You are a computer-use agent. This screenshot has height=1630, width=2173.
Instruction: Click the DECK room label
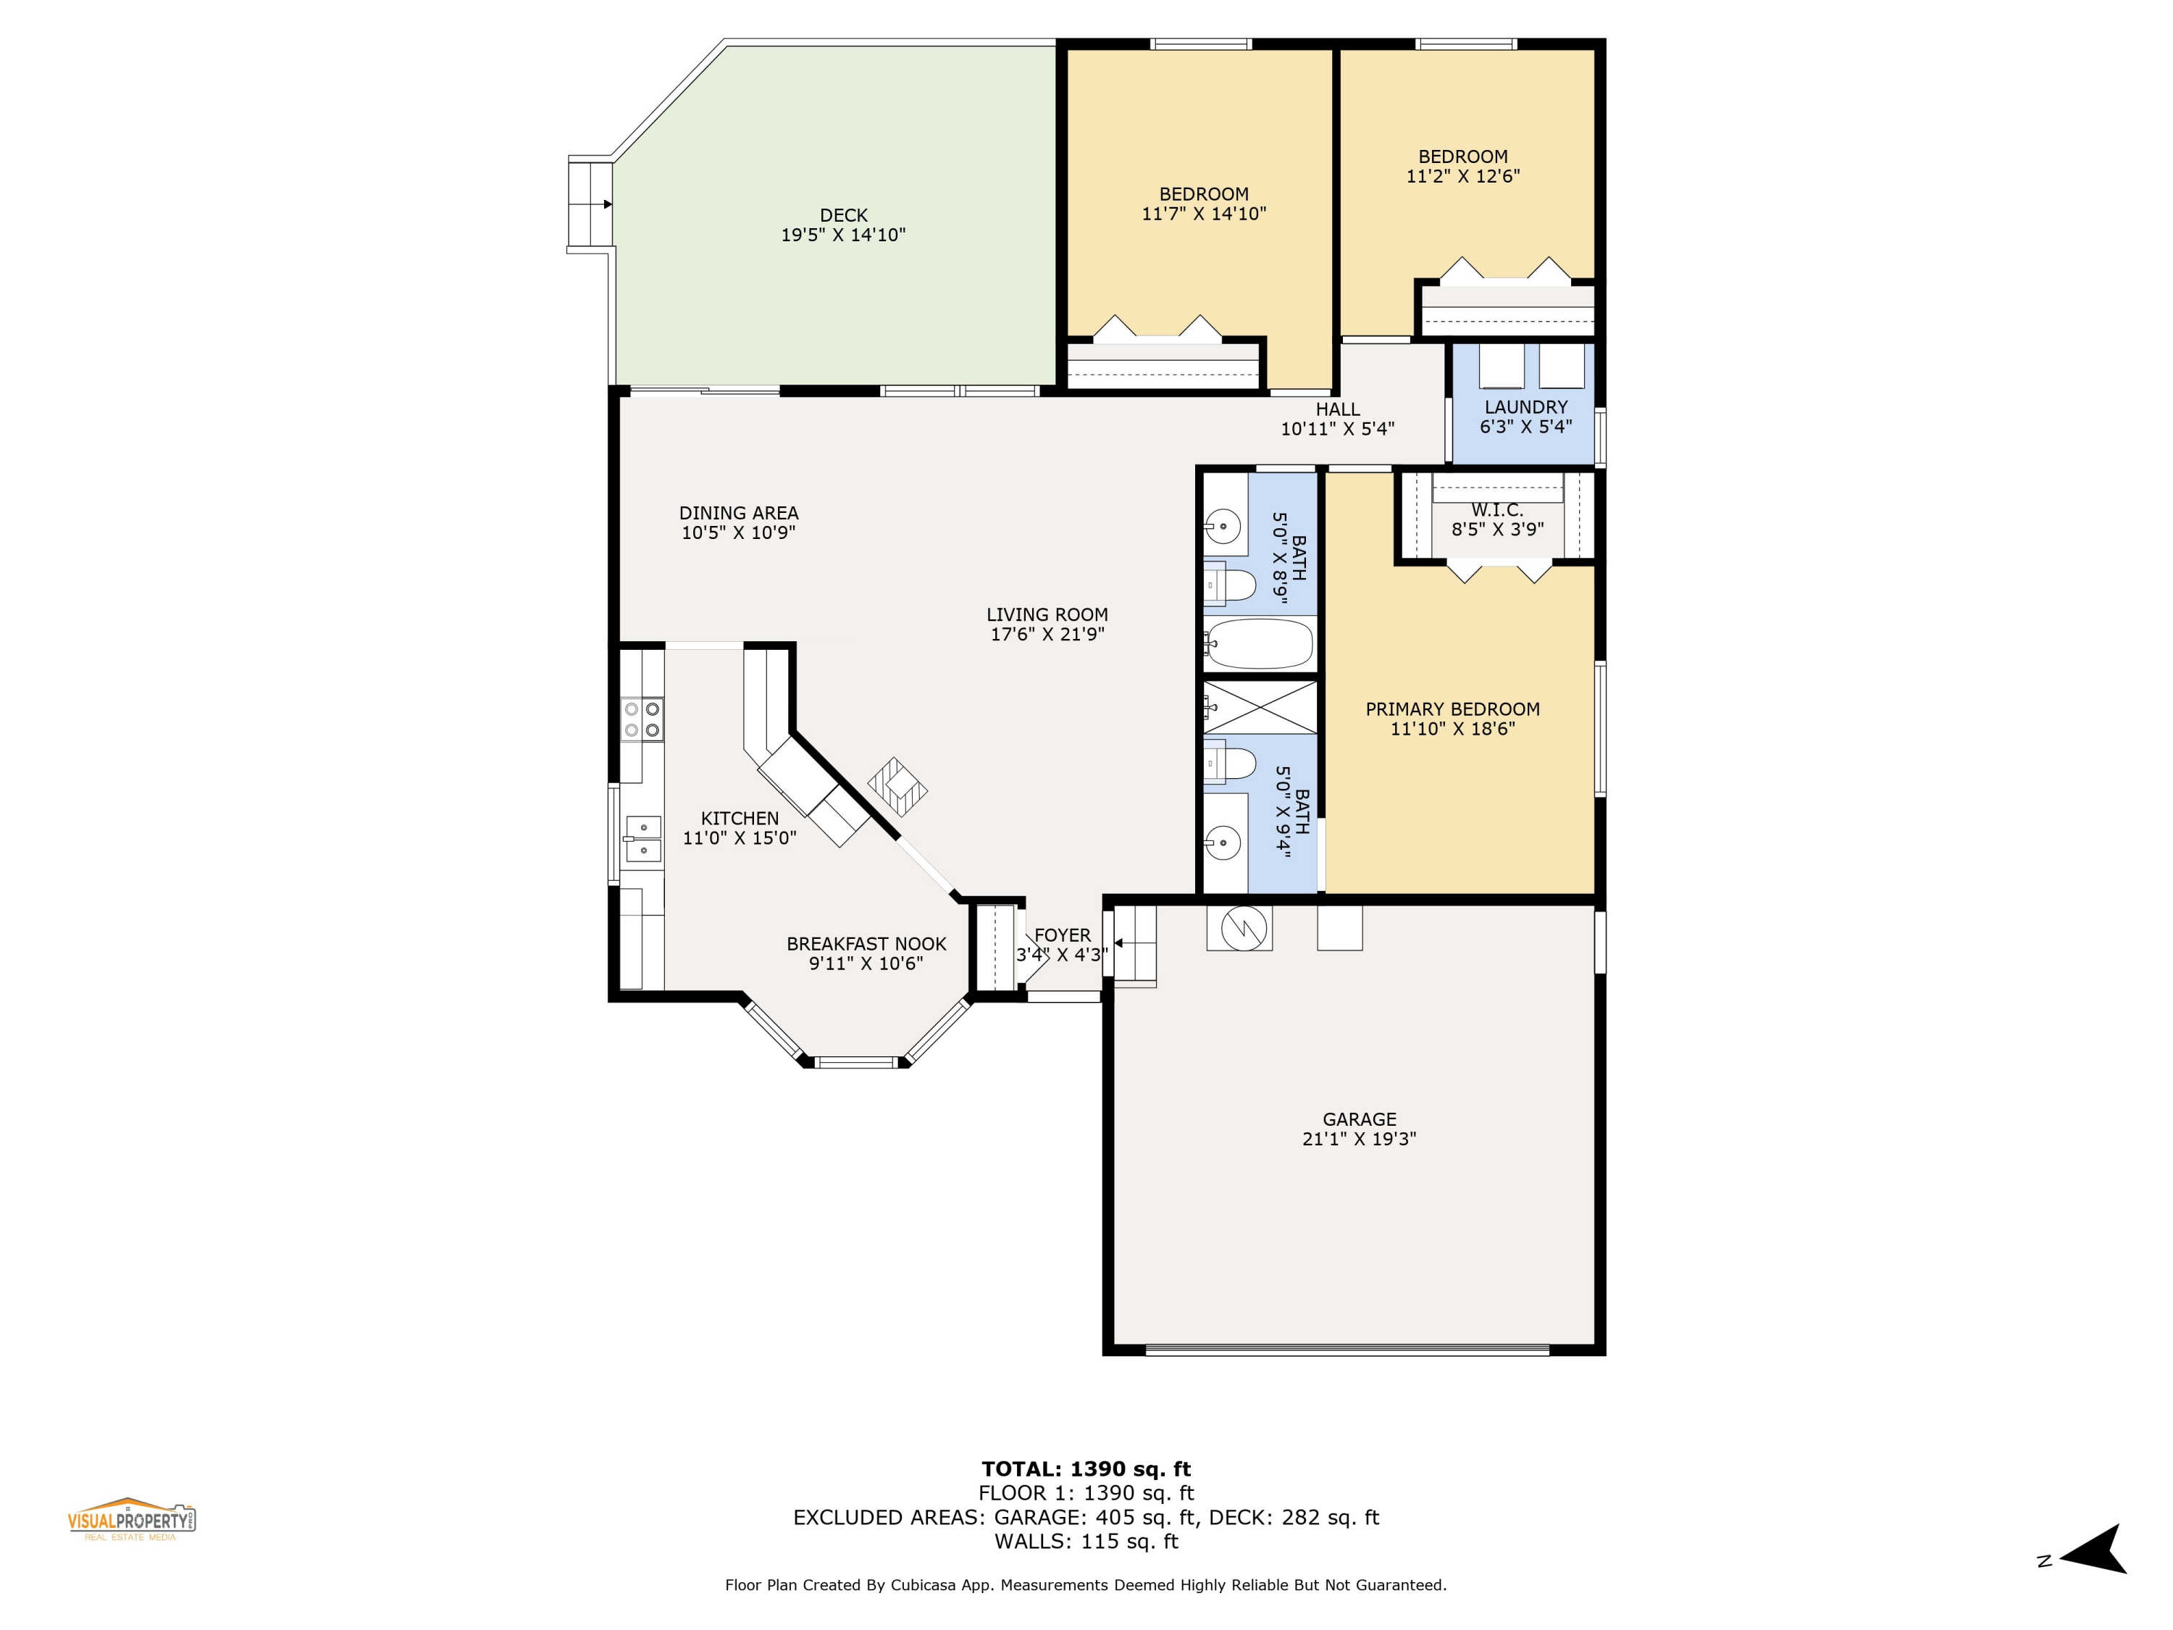click(x=843, y=215)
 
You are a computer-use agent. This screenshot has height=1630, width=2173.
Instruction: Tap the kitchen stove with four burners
click(x=642, y=719)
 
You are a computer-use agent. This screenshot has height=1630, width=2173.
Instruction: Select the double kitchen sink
click(x=642, y=838)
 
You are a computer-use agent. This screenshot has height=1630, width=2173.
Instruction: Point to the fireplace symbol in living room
click(x=897, y=787)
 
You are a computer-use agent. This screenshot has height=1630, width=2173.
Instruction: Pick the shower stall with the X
click(x=1260, y=707)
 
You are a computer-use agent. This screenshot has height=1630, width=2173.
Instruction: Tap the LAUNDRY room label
click(x=1525, y=406)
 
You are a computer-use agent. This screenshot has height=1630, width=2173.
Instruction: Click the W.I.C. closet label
click(x=1496, y=510)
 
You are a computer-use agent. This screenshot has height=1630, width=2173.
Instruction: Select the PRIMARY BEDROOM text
click(x=1452, y=709)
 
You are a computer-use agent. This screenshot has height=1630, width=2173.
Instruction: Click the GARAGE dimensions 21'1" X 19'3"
click(x=1359, y=1139)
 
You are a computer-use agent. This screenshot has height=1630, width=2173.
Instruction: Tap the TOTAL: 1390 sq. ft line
click(x=1086, y=1469)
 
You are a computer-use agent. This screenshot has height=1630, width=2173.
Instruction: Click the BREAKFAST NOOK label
click(x=866, y=944)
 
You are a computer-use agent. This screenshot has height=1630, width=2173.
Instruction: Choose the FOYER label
click(x=1062, y=935)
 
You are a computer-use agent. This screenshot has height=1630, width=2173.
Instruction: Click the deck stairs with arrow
click(x=590, y=204)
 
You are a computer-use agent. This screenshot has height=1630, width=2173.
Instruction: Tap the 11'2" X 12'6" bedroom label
click(x=1462, y=176)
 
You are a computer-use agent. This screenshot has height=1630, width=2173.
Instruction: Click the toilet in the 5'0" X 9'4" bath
click(x=1230, y=764)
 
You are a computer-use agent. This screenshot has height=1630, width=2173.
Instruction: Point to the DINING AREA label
click(x=739, y=513)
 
